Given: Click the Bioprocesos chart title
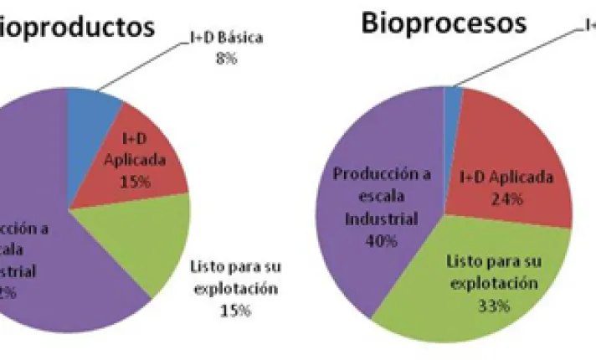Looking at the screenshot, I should click(444, 23).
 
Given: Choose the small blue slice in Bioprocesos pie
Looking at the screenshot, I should click(455, 96).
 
